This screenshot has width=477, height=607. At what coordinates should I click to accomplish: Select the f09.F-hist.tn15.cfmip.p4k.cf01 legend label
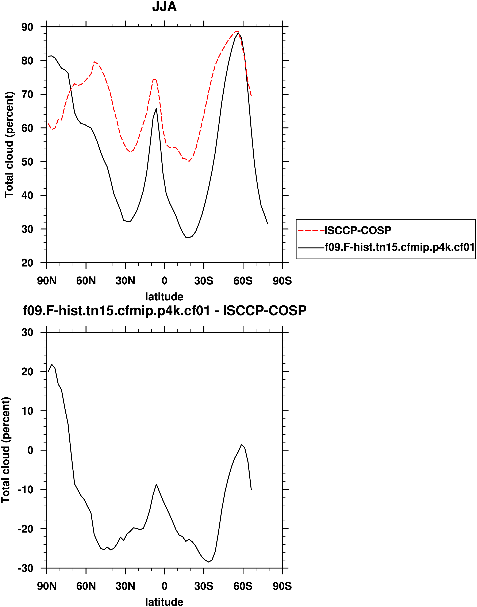click(x=400, y=247)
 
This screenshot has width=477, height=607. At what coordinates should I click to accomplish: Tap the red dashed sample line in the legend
click(x=311, y=230)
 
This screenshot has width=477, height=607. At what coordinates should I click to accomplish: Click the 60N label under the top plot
click(x=86, y=281)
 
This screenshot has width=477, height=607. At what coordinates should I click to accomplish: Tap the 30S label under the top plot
click(x=204, y=281)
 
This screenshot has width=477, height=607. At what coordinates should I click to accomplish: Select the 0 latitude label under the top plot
click(x=165, y=281)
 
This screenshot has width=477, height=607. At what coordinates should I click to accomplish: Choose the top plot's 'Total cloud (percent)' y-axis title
click(x=9, y=145)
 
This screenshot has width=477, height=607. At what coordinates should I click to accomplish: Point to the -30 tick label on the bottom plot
click(x=25, y=568)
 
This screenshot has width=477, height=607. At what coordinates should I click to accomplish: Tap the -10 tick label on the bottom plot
click(x=25, y=490)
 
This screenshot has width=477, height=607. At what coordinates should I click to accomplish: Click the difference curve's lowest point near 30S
click(x=209, y=562)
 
